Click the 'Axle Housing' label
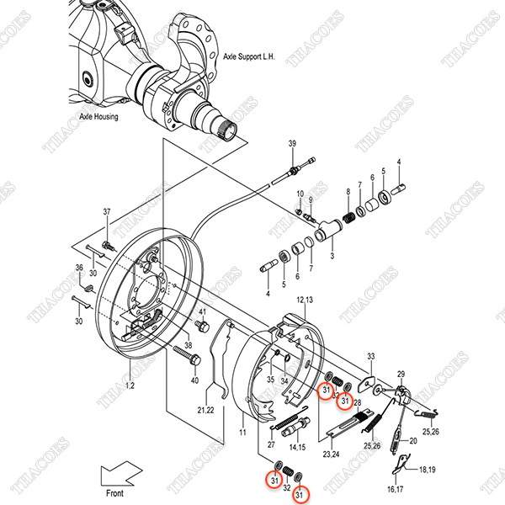(x=99, y=117)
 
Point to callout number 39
(x=293, y=146)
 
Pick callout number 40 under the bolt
(x=195, y=380)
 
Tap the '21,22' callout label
(x=206, y=409)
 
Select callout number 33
(x=370, y=357)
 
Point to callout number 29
(x=401, y=375)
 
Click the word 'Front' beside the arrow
(x=114, y=494)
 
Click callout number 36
(x=79, y=268)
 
